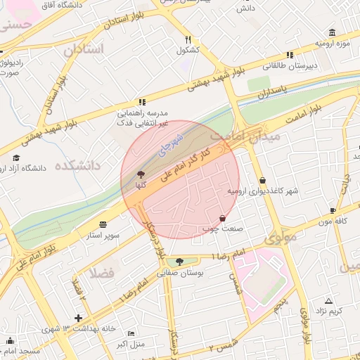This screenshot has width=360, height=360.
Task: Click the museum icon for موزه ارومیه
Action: point(332,32)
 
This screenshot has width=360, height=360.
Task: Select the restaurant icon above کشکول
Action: point(188,40)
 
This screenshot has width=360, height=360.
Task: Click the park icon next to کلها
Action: point(141,174)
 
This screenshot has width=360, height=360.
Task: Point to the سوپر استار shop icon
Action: point(103,224)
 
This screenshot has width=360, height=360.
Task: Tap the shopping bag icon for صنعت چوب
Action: point(223,219)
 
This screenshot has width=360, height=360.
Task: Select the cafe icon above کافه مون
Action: point(333,210)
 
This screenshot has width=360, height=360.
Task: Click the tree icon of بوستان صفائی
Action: point(180,262)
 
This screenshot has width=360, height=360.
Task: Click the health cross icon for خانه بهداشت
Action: point(78,319)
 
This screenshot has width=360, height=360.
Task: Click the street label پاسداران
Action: point(269,92)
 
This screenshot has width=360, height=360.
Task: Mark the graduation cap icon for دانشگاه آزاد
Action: point(16,157)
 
